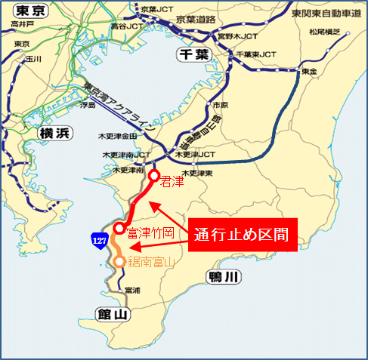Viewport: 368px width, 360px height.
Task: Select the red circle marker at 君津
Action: click(x=153, y=177)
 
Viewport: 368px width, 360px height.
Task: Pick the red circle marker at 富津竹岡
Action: click(x=119, y=229)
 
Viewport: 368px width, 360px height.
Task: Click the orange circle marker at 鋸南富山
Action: click(x=120, y=262)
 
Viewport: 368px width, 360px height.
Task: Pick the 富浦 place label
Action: click(x=132, y=290)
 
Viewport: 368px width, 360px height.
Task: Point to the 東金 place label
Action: click(x=309, y=72)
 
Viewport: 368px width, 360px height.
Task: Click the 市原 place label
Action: click(x=220, y=105)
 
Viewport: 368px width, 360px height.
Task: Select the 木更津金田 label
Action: click(x=117, y=137)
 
